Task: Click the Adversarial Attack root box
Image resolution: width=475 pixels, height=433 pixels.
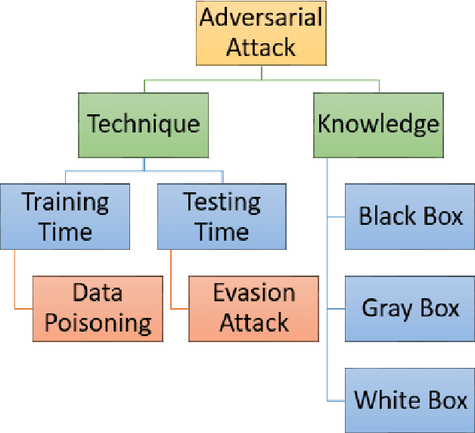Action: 262,33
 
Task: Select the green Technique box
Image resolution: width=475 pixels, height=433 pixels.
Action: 144,123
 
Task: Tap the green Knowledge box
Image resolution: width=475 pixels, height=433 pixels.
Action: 378,123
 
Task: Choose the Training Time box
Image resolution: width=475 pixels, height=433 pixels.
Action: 65,216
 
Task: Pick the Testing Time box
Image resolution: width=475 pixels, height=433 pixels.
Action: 222,216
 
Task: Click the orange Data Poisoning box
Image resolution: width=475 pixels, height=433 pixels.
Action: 98,308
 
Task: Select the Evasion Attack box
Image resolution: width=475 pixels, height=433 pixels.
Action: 253,308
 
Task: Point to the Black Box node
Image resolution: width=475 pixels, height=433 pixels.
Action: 410,216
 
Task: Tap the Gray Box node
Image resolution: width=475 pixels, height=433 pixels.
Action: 410,308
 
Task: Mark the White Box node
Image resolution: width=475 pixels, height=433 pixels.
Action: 410,400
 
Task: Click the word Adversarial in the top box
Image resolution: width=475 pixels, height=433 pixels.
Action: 262,17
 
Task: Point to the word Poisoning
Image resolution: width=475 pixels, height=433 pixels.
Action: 98,323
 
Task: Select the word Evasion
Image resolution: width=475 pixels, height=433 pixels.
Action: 253,293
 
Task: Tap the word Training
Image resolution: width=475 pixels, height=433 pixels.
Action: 65,202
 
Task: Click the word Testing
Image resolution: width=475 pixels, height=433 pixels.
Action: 222,202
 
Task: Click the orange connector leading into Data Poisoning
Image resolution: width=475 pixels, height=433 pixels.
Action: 23,308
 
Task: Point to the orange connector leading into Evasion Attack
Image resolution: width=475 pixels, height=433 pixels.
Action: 179,308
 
